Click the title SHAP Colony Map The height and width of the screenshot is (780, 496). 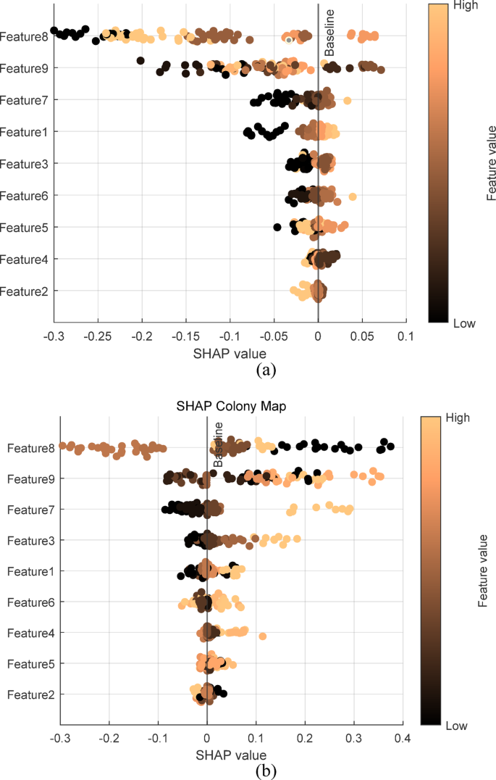click(x=232, y=407)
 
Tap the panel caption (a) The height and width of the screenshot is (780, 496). click(x=266, y=370)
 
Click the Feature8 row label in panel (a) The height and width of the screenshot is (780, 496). click(x=24, y=36)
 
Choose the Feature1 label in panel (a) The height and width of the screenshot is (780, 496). click(x=24, y=132)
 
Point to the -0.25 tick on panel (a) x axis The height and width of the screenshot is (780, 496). click(x=98, y=337)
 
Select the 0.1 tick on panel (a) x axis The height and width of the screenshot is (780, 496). click(x=406, y=337)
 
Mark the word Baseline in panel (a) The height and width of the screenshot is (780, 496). click(x=329, y=33)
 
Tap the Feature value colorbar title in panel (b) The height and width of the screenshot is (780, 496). click(x=482, y=571)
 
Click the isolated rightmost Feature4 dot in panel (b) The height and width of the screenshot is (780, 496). click(x=263, y=636)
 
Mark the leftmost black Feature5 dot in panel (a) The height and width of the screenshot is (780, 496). click(x=277, y=227)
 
